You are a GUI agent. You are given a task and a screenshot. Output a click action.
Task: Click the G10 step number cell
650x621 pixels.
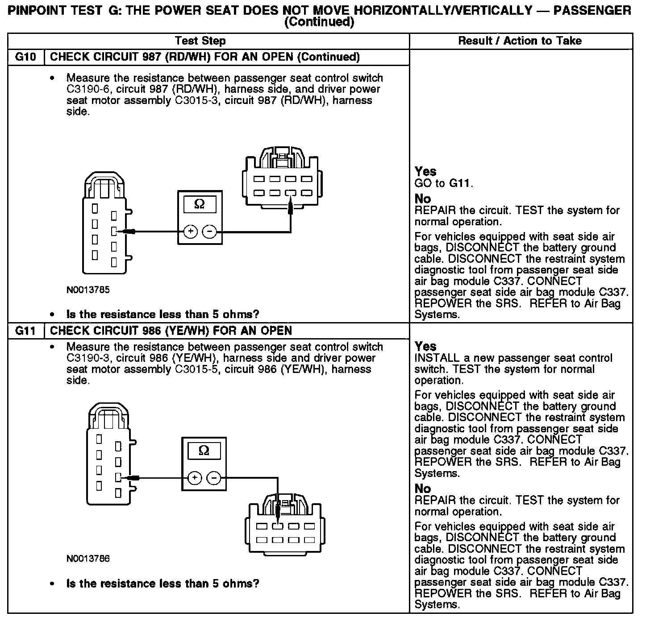pos(26,57)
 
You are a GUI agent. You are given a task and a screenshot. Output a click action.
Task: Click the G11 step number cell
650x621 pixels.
pos(26,331)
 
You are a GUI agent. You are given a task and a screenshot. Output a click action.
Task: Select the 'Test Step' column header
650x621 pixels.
pos(200,41)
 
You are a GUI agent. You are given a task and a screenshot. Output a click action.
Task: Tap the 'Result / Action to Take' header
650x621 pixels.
pos(520,41)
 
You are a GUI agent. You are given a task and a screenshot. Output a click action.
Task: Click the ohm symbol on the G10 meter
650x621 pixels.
pos(200,204)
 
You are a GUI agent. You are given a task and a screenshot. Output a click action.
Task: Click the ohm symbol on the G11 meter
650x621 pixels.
pos(204,451)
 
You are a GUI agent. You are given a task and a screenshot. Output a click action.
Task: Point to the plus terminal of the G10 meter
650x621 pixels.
pos(191,232)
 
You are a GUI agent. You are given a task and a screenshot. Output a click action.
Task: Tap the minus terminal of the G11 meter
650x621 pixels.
pos(215,478)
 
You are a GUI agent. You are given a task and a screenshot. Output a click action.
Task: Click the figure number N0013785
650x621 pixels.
pos(88,290)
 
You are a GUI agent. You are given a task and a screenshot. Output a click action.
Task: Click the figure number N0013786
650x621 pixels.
pos(88,559)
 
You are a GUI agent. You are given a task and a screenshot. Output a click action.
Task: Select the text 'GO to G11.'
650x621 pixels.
pos(444,183)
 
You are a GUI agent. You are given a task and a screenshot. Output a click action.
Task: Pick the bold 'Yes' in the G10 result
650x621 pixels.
pos(425,171)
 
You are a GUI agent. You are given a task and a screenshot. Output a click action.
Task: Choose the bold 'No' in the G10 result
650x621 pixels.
pos(423,199)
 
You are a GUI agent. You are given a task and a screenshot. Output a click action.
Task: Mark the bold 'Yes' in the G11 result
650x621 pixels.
pos(425,346)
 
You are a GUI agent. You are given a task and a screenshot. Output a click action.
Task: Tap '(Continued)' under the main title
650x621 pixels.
pos(319,21)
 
